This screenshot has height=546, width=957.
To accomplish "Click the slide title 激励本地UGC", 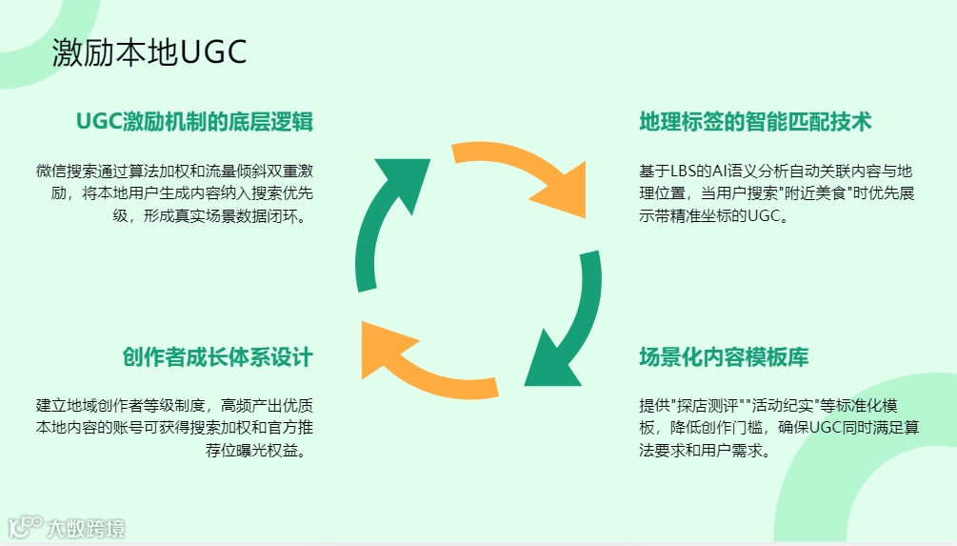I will pyautogui.click(x=150, y=53).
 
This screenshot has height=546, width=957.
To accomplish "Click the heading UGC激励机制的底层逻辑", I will pyautogui.click(x=195, y=122).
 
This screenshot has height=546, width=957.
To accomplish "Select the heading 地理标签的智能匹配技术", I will pyautogui.click(x=755, y=122).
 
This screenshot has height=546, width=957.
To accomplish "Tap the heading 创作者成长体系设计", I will pyautogui.click(x=217, y=357).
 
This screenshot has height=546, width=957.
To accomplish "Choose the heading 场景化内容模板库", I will pyautogui.click(x=724, y=357).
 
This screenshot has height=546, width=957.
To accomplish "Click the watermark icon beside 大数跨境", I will pyautogui.click(x=26, y=526).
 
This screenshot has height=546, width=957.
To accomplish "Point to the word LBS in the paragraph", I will pyautogui.click(x=683, y=172).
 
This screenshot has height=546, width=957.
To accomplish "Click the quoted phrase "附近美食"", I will pyautogui.click(x=816, y=194).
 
